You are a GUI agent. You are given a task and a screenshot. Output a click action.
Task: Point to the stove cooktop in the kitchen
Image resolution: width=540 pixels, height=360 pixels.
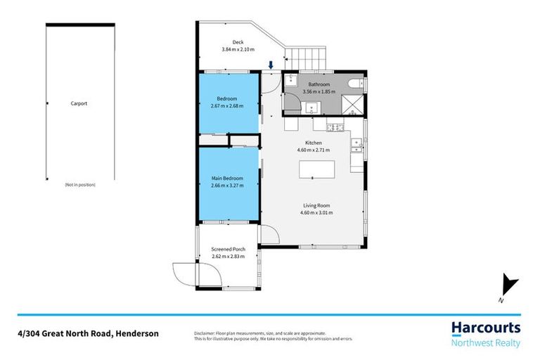click(x=335, y=127)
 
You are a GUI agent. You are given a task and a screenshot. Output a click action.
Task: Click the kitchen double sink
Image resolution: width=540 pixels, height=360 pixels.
click(x=357, y=146)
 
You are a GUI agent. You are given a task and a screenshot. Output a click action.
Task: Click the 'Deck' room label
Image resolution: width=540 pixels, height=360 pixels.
click(x=228, y=41)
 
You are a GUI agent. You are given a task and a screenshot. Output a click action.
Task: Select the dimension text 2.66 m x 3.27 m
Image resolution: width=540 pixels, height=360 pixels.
click(x=227, y=186)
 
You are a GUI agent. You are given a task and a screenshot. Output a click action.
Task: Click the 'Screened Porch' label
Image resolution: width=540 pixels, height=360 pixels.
click(x=228, y=250)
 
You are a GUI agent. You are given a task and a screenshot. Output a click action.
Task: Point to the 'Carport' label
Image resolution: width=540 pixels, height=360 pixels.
click(x=79, y=103)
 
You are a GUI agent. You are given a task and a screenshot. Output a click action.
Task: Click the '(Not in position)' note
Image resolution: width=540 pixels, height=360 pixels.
click(x=79, y=184)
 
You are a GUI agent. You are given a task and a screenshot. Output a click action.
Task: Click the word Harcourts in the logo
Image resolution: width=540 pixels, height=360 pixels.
click(x=485, y=328)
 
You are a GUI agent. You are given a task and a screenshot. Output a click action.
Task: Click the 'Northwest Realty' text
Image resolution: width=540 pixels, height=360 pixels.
click(x=485, y=343)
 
